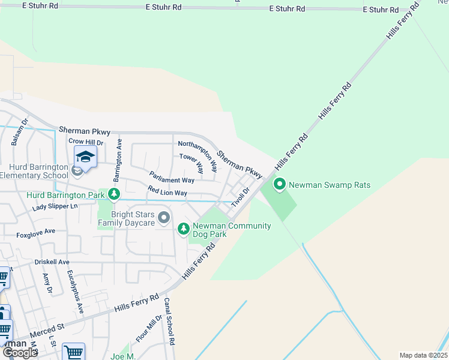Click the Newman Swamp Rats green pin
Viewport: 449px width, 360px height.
(279, 185)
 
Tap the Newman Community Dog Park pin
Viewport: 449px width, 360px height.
(184, 229)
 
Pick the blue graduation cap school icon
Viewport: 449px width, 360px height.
(85, 158)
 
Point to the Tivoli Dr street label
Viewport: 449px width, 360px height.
(242, 197)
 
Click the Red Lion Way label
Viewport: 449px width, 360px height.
(167, 193)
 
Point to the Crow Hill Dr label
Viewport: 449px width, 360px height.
(86, 142)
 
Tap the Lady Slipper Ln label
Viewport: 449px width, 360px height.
(55, 206)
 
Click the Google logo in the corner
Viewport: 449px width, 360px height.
(20, 353)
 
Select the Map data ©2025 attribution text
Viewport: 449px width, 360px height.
(423, 355)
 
